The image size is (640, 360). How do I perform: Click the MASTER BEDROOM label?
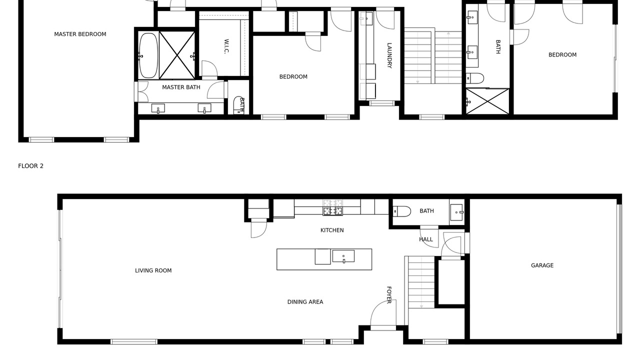pos(80,34)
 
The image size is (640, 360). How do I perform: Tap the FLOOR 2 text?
pos(30,166)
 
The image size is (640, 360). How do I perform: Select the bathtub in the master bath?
pos(148,55)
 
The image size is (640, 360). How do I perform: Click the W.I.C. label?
pos(226,46)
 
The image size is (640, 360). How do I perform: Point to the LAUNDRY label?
pos(389,55)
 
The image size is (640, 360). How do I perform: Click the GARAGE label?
pos(542,265)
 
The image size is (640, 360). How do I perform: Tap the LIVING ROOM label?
pos(153,270)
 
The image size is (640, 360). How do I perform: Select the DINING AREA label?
pos(305,302)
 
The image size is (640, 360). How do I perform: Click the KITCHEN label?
pos(332,230)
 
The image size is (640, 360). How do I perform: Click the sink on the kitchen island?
pos(343,256)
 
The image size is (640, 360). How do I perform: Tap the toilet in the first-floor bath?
pos(401,211)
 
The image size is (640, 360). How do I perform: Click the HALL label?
pos(425,239)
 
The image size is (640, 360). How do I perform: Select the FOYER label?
pos(389,295)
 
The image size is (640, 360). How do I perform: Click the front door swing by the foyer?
pos(383,313)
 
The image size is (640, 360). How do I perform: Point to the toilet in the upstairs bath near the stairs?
pos(475,77)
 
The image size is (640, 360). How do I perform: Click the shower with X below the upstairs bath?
pos(487,101)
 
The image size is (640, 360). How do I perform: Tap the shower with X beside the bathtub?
pos(177,55)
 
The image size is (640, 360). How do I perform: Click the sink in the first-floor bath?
pos(456,212)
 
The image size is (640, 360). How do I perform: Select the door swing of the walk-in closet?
pos(209,68)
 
